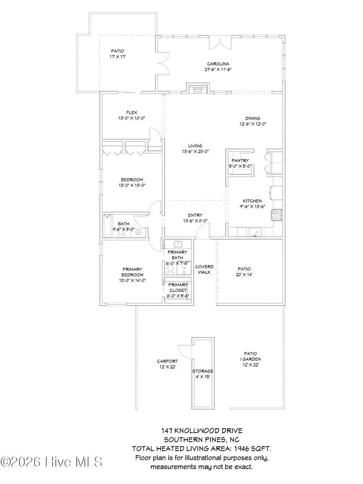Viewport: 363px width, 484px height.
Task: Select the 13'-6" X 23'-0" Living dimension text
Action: [195, 152]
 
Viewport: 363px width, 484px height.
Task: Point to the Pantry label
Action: [240, 161]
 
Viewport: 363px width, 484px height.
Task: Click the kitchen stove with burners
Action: [277, 215]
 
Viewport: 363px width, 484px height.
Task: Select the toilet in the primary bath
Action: [170, 267]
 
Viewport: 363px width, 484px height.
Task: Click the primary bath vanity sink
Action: [177, 244]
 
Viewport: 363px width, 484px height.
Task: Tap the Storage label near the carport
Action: [202, 371]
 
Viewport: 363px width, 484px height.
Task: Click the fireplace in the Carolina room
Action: [198, 89]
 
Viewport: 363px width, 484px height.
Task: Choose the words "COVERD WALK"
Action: [204, 269]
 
